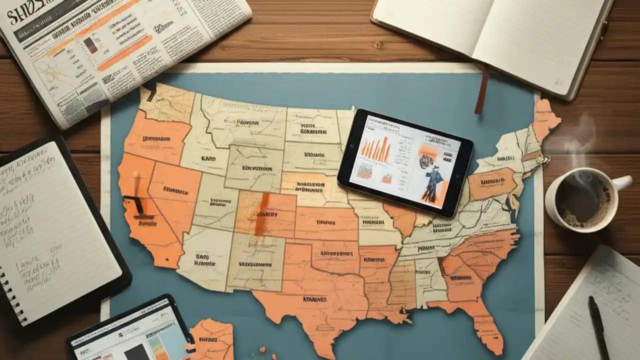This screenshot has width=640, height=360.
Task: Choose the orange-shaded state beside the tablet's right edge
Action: [492, 182]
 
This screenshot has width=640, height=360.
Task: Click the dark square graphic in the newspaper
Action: [90, 45]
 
